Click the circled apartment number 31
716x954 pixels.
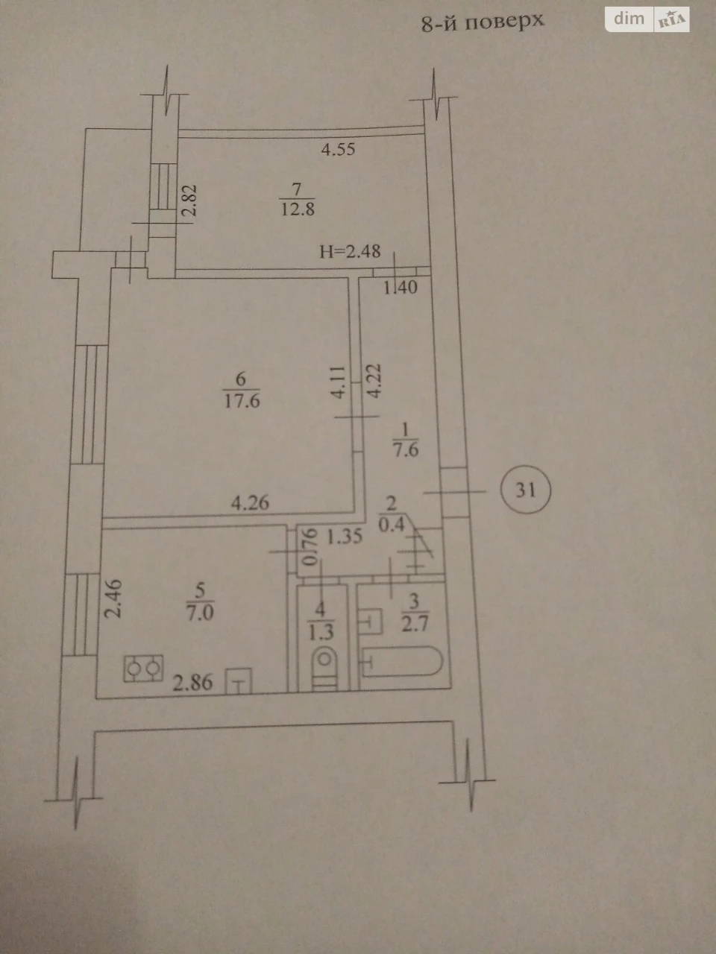tap(526, 490)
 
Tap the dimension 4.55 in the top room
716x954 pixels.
tap(338, 150)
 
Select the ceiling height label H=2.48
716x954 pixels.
tap(350, 252)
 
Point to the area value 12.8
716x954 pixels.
tap(298, 209)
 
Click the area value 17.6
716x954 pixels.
tap(242, 400)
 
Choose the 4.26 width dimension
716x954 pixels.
tap(250, 503)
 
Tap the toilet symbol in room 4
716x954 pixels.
tap(324, 670)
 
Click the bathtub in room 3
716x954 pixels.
tap(402, 662)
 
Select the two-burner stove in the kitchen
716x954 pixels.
tap(143, 668)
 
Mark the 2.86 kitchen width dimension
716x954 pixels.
tap(192, 683)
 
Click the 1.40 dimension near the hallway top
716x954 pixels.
tap(401, 287)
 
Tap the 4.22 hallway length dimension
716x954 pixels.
tap(374, 381)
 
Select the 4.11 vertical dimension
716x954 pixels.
tap(338, 382)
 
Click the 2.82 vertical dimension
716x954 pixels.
tap(189, 200)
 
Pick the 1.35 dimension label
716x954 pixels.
tap(345, 537)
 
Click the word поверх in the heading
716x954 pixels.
tap(504, 22)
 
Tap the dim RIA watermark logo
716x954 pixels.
tap(647, 19)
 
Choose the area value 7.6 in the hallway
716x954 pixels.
tap(406, 450)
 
